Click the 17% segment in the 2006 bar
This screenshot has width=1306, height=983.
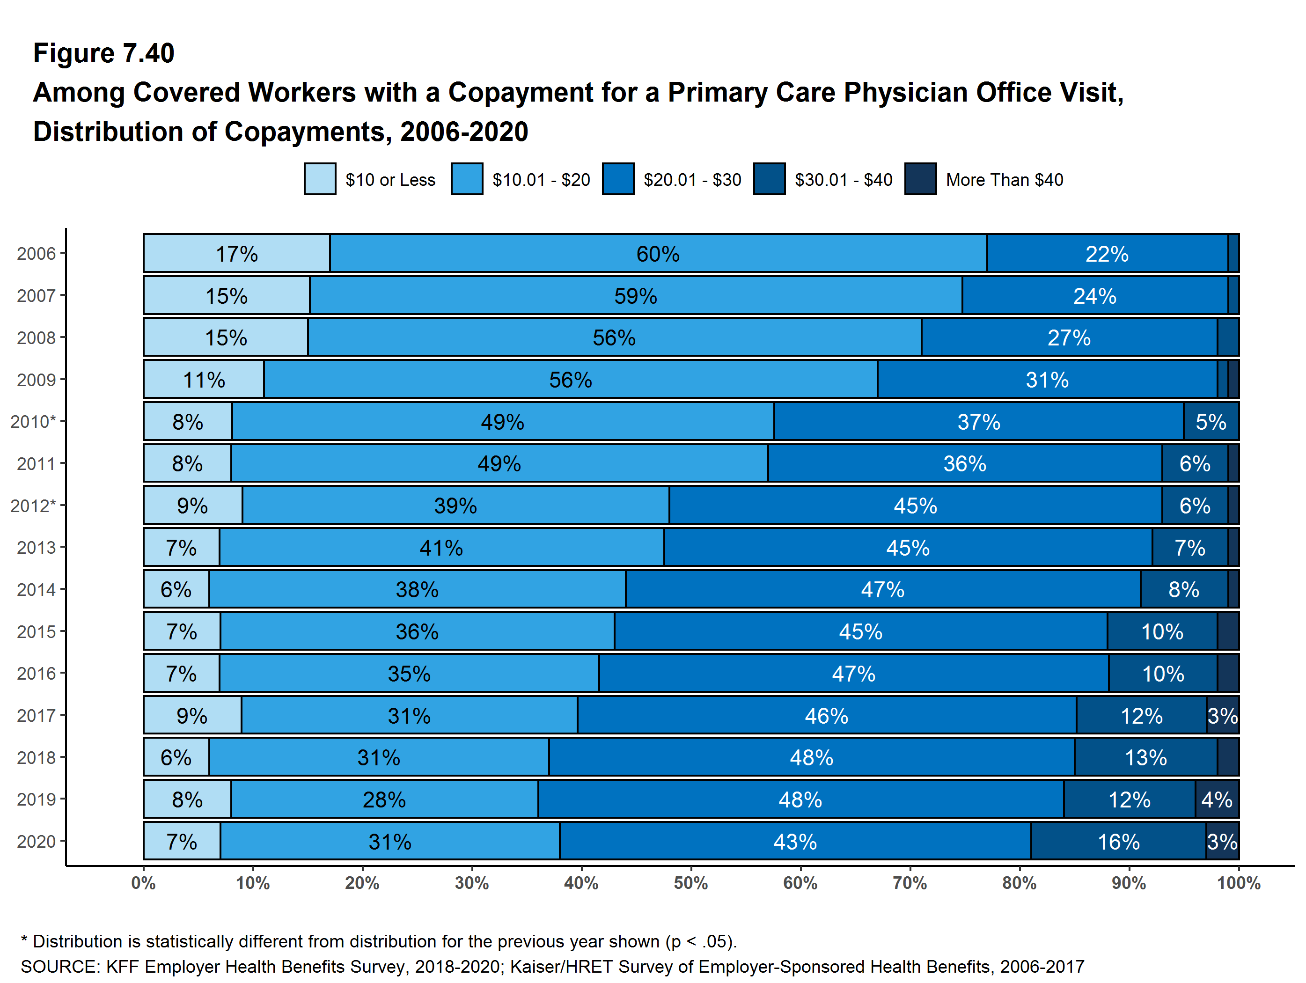pyautogui.click(x=236, y=254)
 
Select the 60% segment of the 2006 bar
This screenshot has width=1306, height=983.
pyautogui.click(x=658, y=254)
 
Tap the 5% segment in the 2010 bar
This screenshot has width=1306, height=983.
pyautogui.click(x=1211, y=422)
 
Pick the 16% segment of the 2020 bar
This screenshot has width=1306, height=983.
pyautogui.click(x=1118, y=841)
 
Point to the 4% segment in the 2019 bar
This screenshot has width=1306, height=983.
pyautogui.click(x=1217, y=800)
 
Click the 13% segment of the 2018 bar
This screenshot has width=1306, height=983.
pyautogui.click(x=1145, y=757)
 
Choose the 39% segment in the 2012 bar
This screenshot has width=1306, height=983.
pyautogui.click(x=455, y=506)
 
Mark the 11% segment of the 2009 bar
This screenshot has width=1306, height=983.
pyautogui.click(x=204, y=380)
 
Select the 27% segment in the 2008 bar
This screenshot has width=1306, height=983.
pyautogui.click(x=1069, y=337)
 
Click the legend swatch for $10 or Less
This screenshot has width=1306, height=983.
pyautogui.click(x=320, y=179)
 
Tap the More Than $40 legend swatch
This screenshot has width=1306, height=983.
pyautogui.click(x=920, y=179)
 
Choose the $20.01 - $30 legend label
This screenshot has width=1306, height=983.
pyautogui.click(x=692, y=179)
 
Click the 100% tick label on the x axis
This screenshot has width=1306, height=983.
pyautogui.click(x=1238, y=883)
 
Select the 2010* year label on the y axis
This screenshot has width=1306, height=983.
pyautogui.click(x=33, y=422)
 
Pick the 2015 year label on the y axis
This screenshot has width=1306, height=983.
pyautogui.click(x=36, y=632)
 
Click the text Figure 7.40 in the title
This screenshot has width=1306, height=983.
pyautogui.click(x=104, y=53)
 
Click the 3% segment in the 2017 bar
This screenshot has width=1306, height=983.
pyautogui.click(x=1222, y=716)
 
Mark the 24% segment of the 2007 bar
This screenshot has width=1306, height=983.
pyautogui.click(x=1094, y=296)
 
